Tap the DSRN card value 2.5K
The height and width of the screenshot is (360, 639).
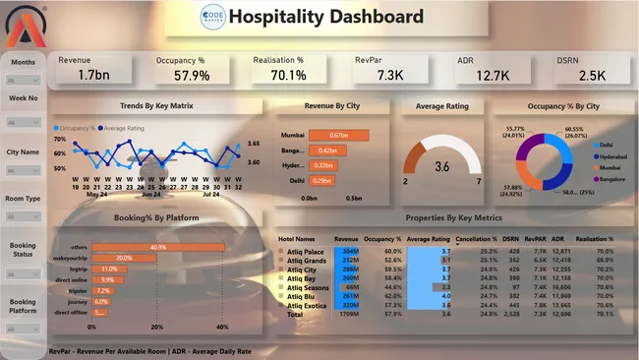pyautogui.click(x=565, y=75)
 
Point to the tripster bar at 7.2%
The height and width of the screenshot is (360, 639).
pyautogui.click(x=102, y=291)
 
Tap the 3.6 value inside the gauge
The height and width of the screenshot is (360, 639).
pyautogui.click(x=442, y=166)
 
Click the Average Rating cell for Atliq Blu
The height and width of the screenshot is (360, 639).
pyautogui.click(x=427, y=295)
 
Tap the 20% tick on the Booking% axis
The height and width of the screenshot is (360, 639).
pyautogui.click(x=156, y=327)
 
